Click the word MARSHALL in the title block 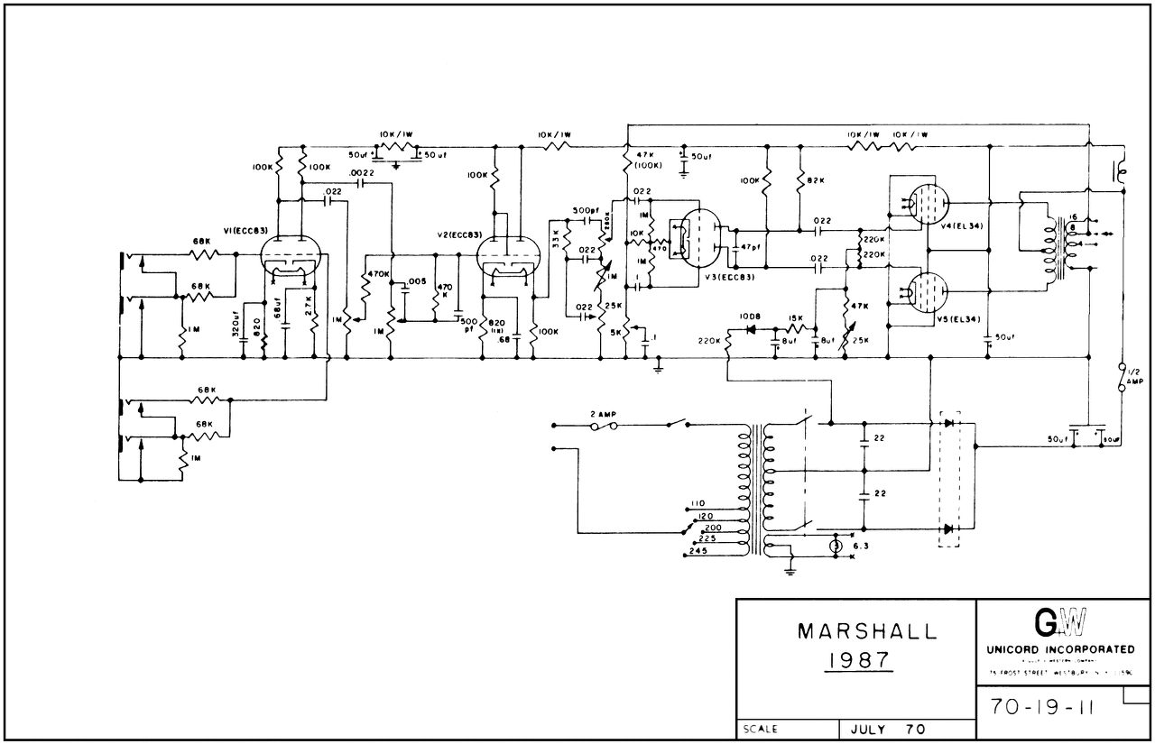pos(855,631)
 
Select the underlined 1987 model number pos(855,662)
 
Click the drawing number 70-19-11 pos(1041,706)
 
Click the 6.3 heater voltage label pos(860,547)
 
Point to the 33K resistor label pos(557,239)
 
